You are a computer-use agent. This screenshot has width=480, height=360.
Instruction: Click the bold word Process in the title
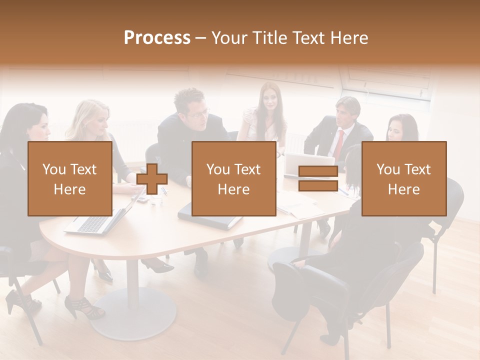pyautogui.click(x=157, y=37)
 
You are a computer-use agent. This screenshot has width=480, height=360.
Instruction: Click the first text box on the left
pyautogui.click(x=70, y=179)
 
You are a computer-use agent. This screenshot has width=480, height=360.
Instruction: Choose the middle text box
pyautogui.click(x=233, y=179)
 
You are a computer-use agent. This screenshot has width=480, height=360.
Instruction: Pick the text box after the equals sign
pyautogui.click(x=403, y=179)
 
